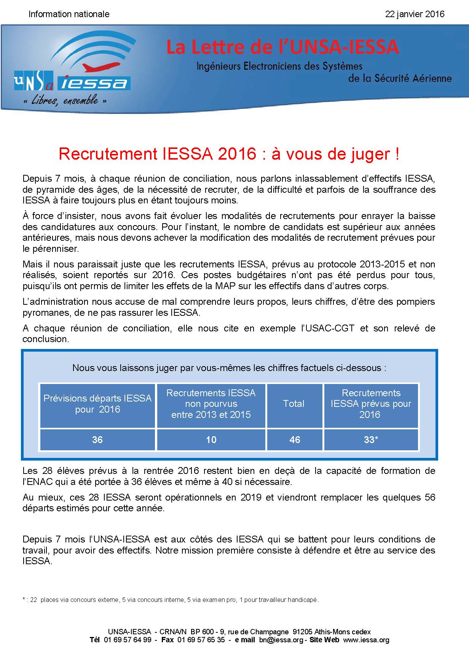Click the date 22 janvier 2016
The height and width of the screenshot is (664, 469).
coord(415,14)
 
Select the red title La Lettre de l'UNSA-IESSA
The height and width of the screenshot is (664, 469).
coord(282,47)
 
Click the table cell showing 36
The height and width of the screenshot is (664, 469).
coord(97,440)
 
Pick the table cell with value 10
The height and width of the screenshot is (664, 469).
coord(211,440)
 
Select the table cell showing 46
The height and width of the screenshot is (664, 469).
coord(295,440)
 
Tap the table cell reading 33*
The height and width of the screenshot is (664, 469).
coord(371,440)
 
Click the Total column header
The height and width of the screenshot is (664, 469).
coord(294,404)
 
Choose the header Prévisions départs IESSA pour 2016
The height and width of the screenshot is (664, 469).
coord(97,404)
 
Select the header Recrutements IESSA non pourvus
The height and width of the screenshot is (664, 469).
coord(211,404)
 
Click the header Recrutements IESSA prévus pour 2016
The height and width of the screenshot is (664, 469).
coord(371,404)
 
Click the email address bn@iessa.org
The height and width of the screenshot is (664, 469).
coord(281,640)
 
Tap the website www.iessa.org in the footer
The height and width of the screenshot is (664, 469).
coord(366,640)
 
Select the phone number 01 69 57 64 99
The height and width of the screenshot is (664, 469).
coord(128,640)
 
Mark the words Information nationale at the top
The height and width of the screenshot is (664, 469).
coord(69,14)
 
